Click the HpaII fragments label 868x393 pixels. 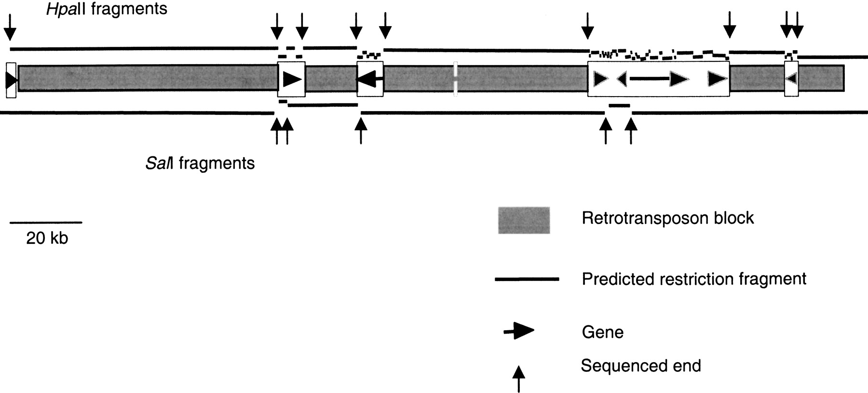point(107,9)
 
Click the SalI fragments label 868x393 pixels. point(200,163)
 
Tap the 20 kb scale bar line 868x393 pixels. point(46,223)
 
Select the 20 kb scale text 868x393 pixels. point(47,238)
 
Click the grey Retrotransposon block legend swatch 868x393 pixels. point(524,221)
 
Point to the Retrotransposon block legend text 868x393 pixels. point(667,218)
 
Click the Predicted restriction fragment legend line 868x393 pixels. point(527,279)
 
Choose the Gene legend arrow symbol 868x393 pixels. point(519,331)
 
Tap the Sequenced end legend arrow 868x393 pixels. point(518,379)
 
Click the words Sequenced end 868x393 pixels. point(640,366)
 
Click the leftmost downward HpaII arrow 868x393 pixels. point(10,27)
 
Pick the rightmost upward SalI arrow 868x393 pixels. point(631,130)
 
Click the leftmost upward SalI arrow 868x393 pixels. point(276,130)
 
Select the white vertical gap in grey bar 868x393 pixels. point(455,78)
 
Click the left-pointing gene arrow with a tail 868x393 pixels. point(370,78)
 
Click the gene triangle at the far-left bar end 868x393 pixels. point(11,80)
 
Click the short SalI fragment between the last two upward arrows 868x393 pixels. point(619,105)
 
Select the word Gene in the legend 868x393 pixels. point(602,332)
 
